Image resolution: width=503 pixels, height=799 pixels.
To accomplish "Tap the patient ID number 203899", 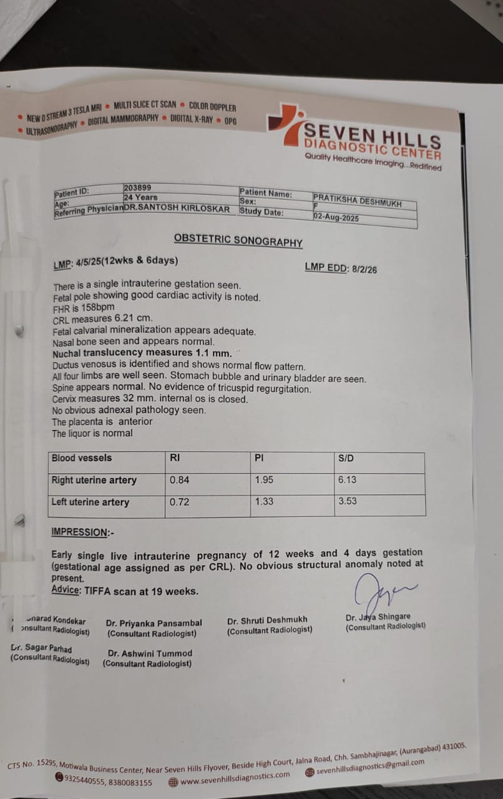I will [137, 187].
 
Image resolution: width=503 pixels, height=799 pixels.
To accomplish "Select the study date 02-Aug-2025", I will [336, 218].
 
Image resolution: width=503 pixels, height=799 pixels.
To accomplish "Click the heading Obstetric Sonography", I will [238, 241].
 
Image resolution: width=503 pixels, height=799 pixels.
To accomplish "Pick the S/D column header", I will [346, 458].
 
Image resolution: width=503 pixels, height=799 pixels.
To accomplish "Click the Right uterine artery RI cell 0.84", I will [179, 480].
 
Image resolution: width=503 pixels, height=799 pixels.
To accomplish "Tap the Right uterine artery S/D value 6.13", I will [348, 479].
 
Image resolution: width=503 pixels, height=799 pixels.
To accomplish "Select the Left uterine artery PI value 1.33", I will [264, 501].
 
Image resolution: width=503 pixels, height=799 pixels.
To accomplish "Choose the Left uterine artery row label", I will [90, 502].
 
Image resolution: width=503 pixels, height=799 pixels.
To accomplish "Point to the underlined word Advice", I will [66, 590].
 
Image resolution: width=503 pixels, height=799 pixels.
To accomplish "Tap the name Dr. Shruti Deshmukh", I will [267, 620].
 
